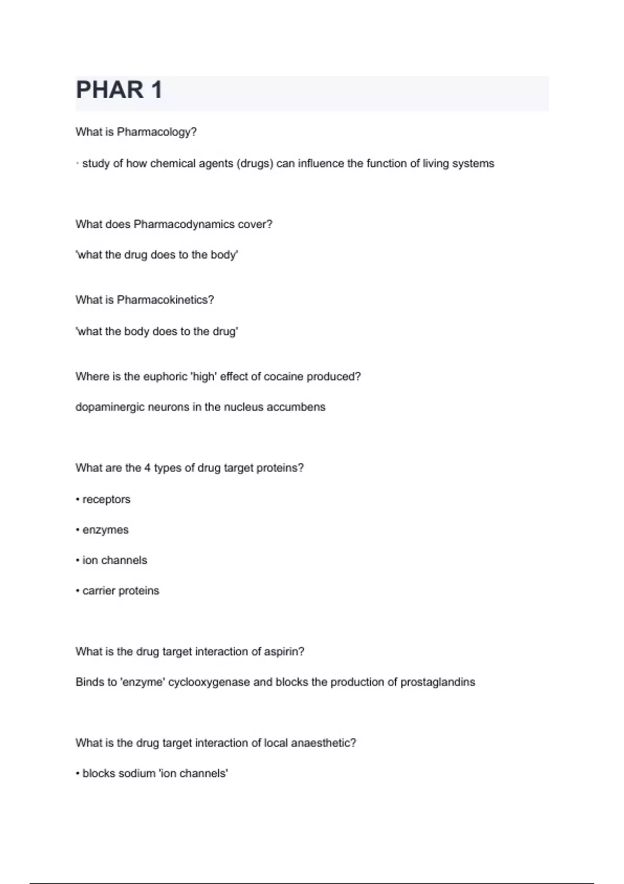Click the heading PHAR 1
click(119, 90)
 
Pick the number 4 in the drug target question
click(147, 468)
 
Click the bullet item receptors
click(106, 499)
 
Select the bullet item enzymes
click(105, 530)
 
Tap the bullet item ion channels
click(114, 560)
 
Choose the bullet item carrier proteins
click(121, 591)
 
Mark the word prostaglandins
click(438, 682)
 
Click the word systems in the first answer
click(473, 163)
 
